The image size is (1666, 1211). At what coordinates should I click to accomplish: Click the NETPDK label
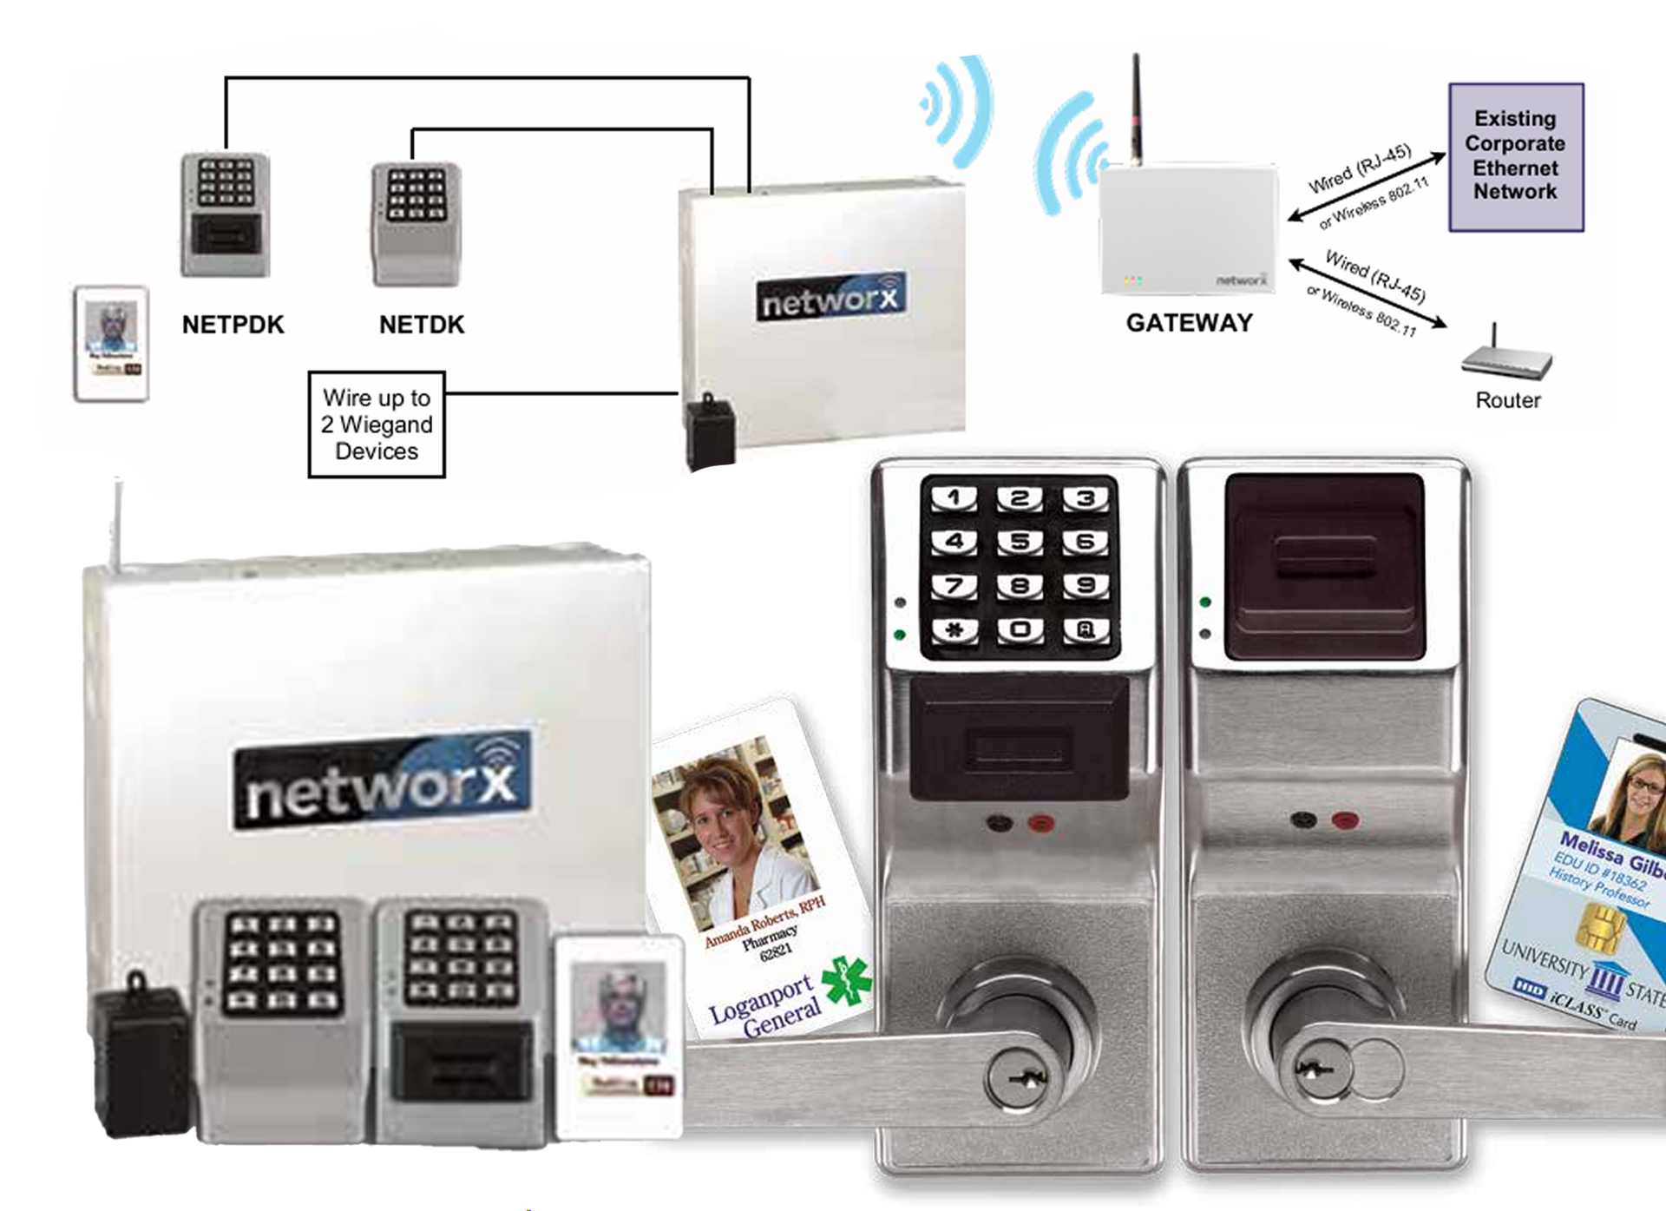(233, 325)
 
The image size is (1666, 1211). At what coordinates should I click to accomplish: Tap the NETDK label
(422, 325)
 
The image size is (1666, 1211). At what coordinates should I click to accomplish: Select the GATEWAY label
(1189, 323)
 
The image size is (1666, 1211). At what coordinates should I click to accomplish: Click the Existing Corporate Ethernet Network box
(1515, 156)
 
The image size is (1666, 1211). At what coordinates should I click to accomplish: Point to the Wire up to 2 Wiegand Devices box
(377, 425)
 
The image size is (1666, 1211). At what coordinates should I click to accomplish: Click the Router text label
(1508, 400)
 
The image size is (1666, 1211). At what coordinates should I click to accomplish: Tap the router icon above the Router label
(1506, 358)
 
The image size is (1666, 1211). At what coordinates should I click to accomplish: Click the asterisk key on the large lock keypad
(954, 629)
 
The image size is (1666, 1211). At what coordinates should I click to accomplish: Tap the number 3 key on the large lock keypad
(1085, 498)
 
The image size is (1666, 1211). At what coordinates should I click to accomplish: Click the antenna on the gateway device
(1136, 109)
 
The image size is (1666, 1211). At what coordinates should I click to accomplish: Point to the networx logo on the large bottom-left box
(382, 780)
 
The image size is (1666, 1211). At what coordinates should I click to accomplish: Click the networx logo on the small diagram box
(830, 298)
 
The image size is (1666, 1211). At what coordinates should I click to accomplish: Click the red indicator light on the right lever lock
(1344, 819)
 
